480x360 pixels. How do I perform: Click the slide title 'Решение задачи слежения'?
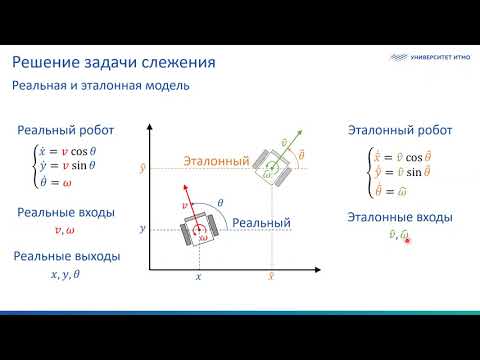point(114,63)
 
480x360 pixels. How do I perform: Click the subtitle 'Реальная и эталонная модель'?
point(101,86)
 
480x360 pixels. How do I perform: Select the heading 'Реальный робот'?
point(66,130)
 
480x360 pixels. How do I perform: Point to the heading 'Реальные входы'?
point(66,212)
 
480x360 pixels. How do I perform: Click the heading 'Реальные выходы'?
point(67,256)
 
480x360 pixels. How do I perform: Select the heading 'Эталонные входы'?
point(399,217)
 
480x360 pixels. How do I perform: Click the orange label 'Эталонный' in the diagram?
point(216,160)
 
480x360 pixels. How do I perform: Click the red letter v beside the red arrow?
point(185,205)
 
